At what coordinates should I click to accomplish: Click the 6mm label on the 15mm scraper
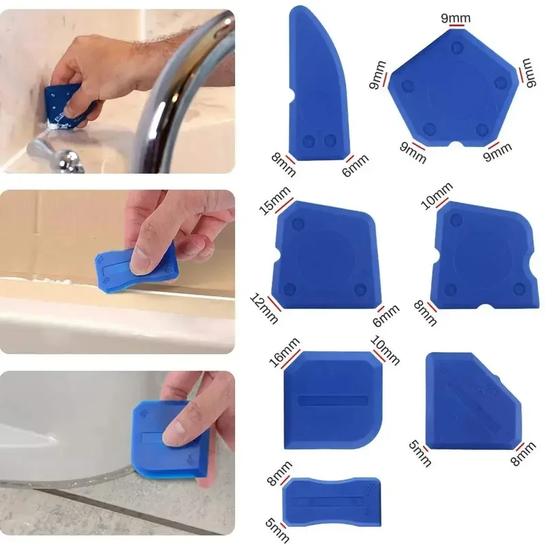point(386,317)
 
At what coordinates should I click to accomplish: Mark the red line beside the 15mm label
point(285,207)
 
